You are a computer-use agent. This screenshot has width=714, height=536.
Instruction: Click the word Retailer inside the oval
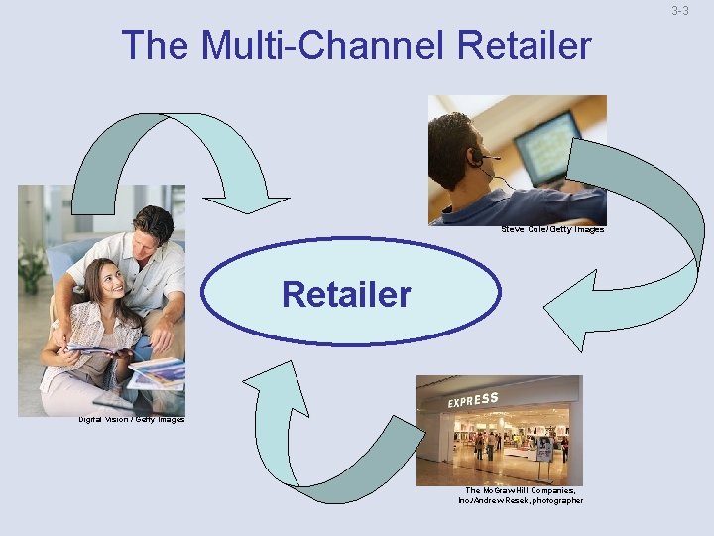click(345, 294)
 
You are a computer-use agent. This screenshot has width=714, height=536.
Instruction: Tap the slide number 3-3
click(679, 11)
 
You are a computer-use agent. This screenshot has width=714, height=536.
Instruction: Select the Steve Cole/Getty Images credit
click(551, 229)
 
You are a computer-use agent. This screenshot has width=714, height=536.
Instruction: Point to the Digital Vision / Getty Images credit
click(132, 419)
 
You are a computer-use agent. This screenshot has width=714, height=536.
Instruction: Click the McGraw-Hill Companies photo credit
click(521, 495)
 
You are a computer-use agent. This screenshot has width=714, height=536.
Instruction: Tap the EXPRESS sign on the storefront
click(473, 400)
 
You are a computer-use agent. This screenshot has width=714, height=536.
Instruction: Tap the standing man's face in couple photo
click(153, 234)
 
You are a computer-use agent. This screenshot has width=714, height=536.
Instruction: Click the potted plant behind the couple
click(32, 263)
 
